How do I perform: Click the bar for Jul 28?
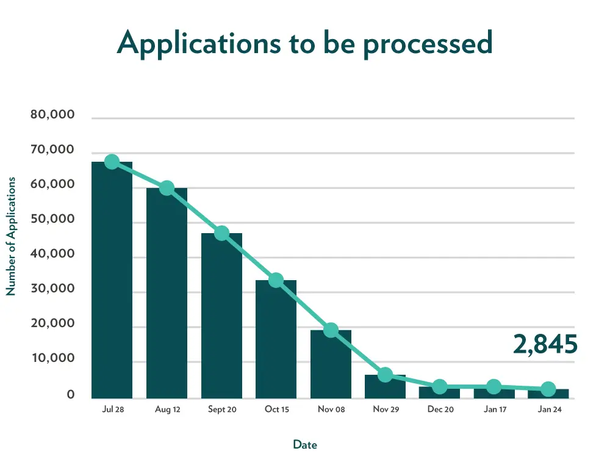pyautogui.click(x=112, y=281)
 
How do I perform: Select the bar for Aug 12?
pyautogui.click(x=167, y=293)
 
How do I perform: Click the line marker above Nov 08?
pyautogui.click(x=331, y=330)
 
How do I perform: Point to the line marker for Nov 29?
pyautogui.click(x=385, y=375)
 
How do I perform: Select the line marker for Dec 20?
pyautogui.click(x=440, y=386)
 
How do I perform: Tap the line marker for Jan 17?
pyautogui.click(x=494, y=386)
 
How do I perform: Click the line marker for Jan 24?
pyautogui.click(x=548, y=389)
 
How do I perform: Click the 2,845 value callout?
pyautogui.click(x=545, y=345)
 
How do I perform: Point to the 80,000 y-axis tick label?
pyautogui.click(x=52, y=115)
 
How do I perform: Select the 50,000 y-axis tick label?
pyautogui.click(x=52, y=220)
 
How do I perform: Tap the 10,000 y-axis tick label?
pyautogui.click(x=52, y=359)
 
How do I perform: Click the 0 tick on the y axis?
pyautogui.click(x=71, y=395)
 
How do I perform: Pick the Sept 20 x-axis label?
pyautogui.click(x=221, y=410)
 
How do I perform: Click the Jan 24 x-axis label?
pyautogui.click(x=548, y=410)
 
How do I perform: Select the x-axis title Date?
pyautogui.click(x=305, y=445)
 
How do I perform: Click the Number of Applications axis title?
pyautogui.click(x=10, y=237)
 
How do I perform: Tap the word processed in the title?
pyautogui.click(x=428, y=43)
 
